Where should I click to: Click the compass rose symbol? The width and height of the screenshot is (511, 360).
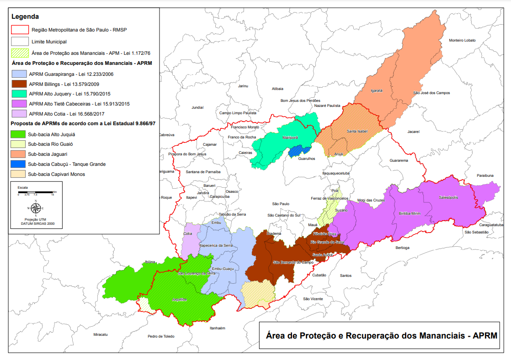[x=36, y=208]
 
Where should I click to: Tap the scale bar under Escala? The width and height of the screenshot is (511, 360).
[x=36, y=191]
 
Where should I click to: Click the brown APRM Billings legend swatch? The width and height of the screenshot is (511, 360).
[x=19, y=84]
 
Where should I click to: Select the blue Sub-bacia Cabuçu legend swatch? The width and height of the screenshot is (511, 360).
[x=19, y=164]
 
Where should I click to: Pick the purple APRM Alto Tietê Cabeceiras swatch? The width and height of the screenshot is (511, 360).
[x=19, y=104]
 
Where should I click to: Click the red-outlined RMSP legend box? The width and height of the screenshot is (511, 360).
[x=19, y=31]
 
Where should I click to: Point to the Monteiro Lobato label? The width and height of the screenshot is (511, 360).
[x=462, y=40]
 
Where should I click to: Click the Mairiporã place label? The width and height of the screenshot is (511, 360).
[x=290, y=137]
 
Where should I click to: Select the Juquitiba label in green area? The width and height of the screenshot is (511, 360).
[x=179, y=299]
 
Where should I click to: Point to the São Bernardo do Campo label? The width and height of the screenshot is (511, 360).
[x=293, y=262]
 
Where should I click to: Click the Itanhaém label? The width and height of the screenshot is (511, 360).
[x=218, y=328]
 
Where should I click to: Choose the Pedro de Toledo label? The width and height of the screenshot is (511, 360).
[x=161, y=336]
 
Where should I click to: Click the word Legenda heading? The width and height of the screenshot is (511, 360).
[x=25, y=16]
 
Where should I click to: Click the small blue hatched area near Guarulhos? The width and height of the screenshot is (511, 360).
[x=299, y=150]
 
